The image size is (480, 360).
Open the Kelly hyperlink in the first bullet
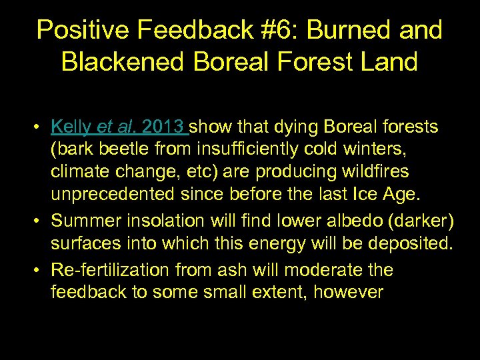tap(72, 127)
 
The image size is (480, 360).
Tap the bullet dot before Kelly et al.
tap(41, 127)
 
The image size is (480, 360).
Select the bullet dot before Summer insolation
tap(41, 221)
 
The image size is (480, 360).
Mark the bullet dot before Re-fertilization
tap(41, 271)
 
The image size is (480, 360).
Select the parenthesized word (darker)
tap(417, 220)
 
